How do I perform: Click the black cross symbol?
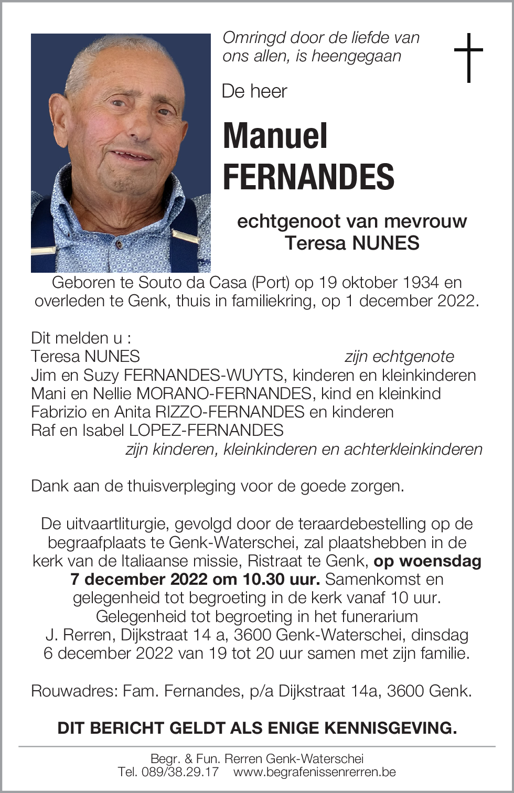click(468, 57)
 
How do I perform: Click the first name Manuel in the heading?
click(275, 136)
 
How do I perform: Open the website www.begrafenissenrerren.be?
click(314, 772)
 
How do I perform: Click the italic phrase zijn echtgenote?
click(399, 357)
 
